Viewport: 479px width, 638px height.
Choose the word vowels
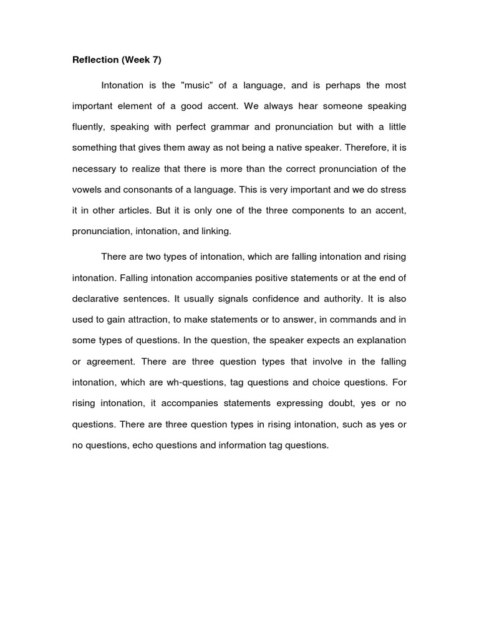(87, 189)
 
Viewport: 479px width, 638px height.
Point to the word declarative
(96, 298)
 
